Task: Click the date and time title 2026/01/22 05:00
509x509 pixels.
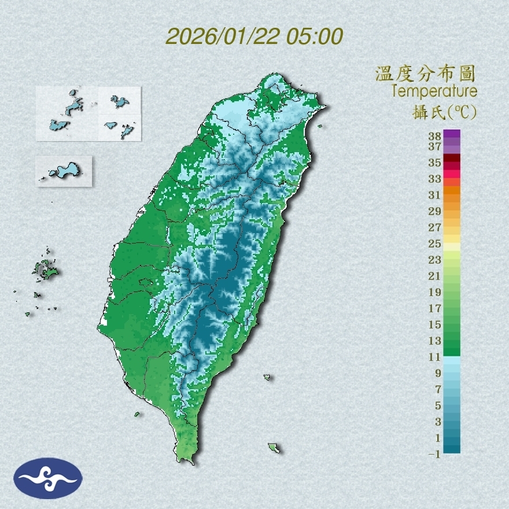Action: point(254,36)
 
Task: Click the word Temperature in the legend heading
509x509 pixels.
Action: point(434,91)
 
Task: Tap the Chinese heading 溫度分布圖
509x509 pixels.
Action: point(425,73)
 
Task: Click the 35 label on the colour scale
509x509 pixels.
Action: point(435,163)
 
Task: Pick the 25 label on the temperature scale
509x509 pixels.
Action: point(435,244)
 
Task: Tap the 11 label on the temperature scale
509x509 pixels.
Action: point(435,357)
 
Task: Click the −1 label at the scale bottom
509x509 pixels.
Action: point(434,454)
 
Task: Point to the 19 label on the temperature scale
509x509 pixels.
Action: point(435,292)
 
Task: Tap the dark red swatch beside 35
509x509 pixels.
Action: point(452,158)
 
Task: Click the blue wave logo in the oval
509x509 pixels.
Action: point(48,478)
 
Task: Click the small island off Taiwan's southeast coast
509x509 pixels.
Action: point(274,447)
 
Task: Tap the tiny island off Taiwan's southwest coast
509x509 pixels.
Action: point(137,414)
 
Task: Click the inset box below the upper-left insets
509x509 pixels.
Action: point(64,171)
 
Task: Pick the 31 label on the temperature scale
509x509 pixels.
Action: point(435,195)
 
